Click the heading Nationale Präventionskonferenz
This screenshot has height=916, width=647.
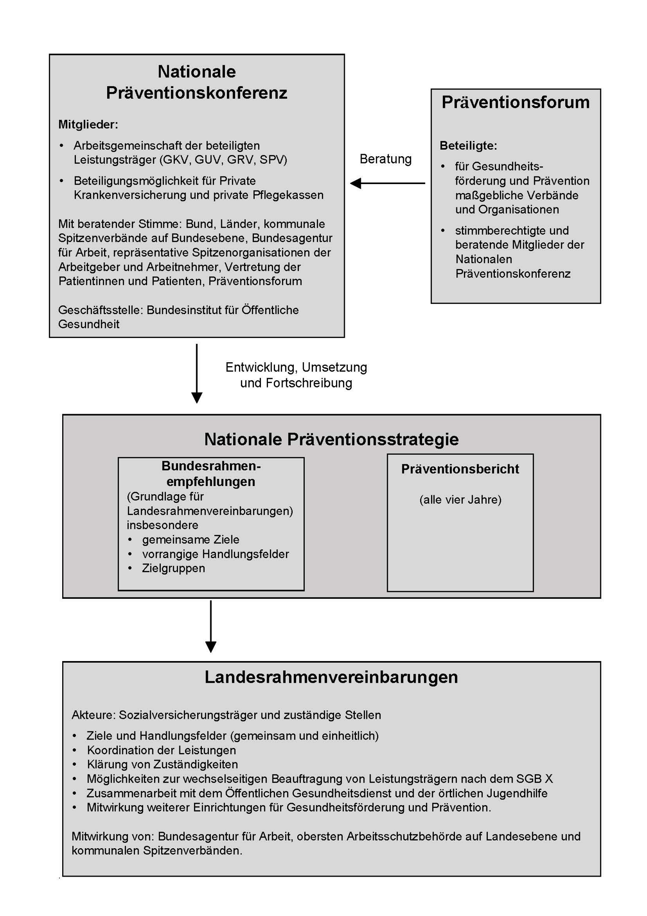197,82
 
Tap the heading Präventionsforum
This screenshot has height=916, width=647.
516,102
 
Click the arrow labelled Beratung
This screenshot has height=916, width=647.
388,183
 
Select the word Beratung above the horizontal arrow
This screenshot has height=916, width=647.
385,159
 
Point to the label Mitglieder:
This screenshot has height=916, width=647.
88,124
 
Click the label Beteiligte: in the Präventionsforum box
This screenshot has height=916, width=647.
468,146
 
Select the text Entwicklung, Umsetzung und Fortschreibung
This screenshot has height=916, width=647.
296,375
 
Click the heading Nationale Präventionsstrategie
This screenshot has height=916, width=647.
331,439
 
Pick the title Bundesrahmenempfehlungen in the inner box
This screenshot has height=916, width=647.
211,473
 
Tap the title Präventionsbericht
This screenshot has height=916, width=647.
460,469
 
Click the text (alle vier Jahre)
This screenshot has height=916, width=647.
460,500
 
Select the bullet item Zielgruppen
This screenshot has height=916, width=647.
173,568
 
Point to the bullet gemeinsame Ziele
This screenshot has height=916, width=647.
191,539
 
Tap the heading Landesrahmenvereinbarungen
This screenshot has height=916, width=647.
331,677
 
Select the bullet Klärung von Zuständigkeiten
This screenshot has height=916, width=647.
162,764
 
